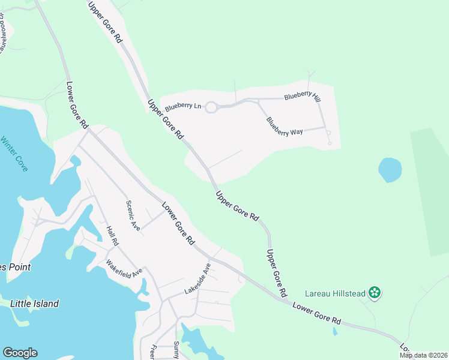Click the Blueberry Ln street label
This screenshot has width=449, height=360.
183,106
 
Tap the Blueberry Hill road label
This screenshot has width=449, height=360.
302,96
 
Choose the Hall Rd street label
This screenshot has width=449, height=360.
112,236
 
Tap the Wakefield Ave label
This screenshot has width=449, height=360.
124,268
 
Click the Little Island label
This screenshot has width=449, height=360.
34,304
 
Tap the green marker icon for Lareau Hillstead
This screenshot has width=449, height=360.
375,293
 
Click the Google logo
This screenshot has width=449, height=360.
20,353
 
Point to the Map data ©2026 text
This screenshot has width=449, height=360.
423,355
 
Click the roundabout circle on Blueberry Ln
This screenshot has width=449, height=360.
211,107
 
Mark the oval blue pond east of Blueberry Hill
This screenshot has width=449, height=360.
390,170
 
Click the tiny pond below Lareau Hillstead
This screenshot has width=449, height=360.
335,331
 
